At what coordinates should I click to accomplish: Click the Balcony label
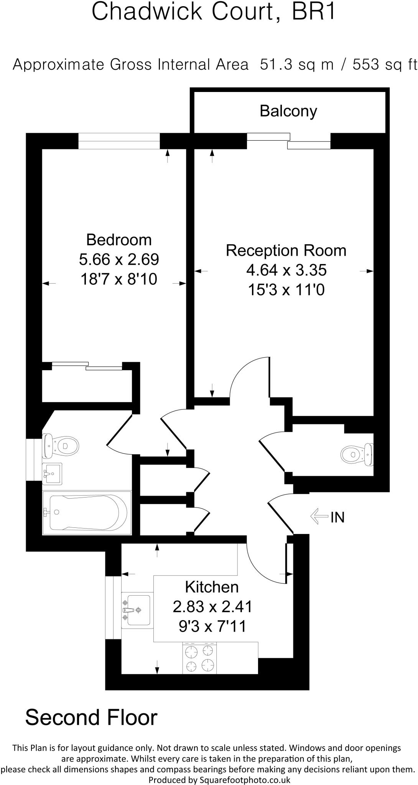(288, 111)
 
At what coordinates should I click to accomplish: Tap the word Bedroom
(119, 240)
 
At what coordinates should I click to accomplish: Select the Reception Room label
(286, 251)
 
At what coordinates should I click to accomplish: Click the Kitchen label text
(212, 587)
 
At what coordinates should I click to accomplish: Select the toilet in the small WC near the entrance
(357, 455)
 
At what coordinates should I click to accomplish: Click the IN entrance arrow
(319, 517)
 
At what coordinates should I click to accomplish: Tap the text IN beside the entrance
(338, 517)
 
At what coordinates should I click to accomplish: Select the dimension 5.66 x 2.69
(119, 259)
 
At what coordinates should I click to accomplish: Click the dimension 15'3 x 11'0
(286, 290)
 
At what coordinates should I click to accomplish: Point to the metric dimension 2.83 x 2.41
(212, 607)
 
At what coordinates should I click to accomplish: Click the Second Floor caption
(91, 718)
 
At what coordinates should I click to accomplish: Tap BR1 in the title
(313, 11)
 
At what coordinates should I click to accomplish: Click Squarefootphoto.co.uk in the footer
(245, 780)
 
